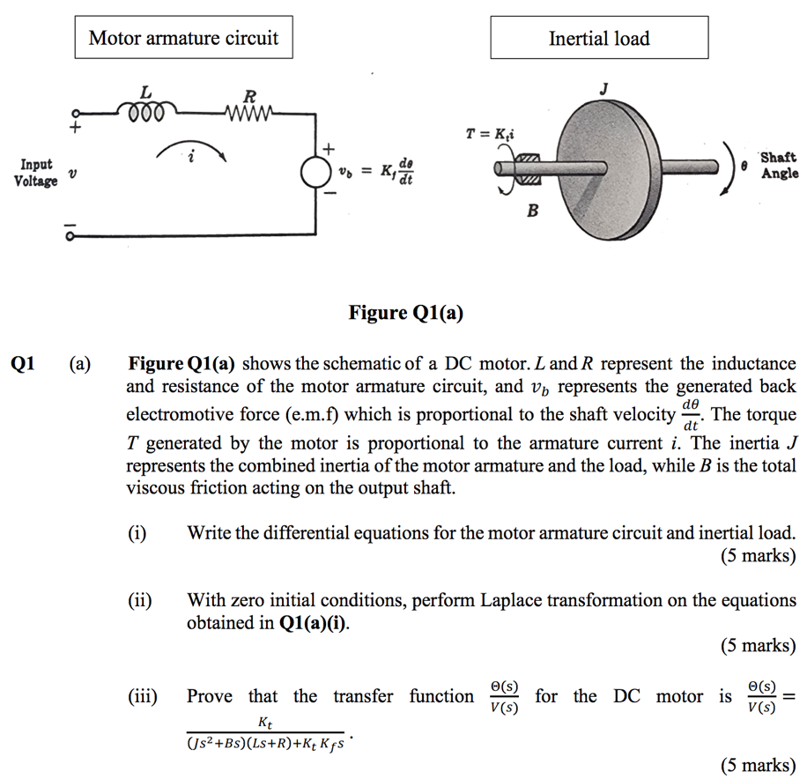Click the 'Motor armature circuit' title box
point(183,39)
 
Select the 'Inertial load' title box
point(599,39)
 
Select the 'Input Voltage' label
point(35,173)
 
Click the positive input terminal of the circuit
point(77,114)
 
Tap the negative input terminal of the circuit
point(77,234)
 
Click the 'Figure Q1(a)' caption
point(405,313)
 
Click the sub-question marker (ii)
point(139,601)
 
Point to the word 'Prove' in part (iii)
point(210,697)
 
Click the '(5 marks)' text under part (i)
point(758,556)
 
